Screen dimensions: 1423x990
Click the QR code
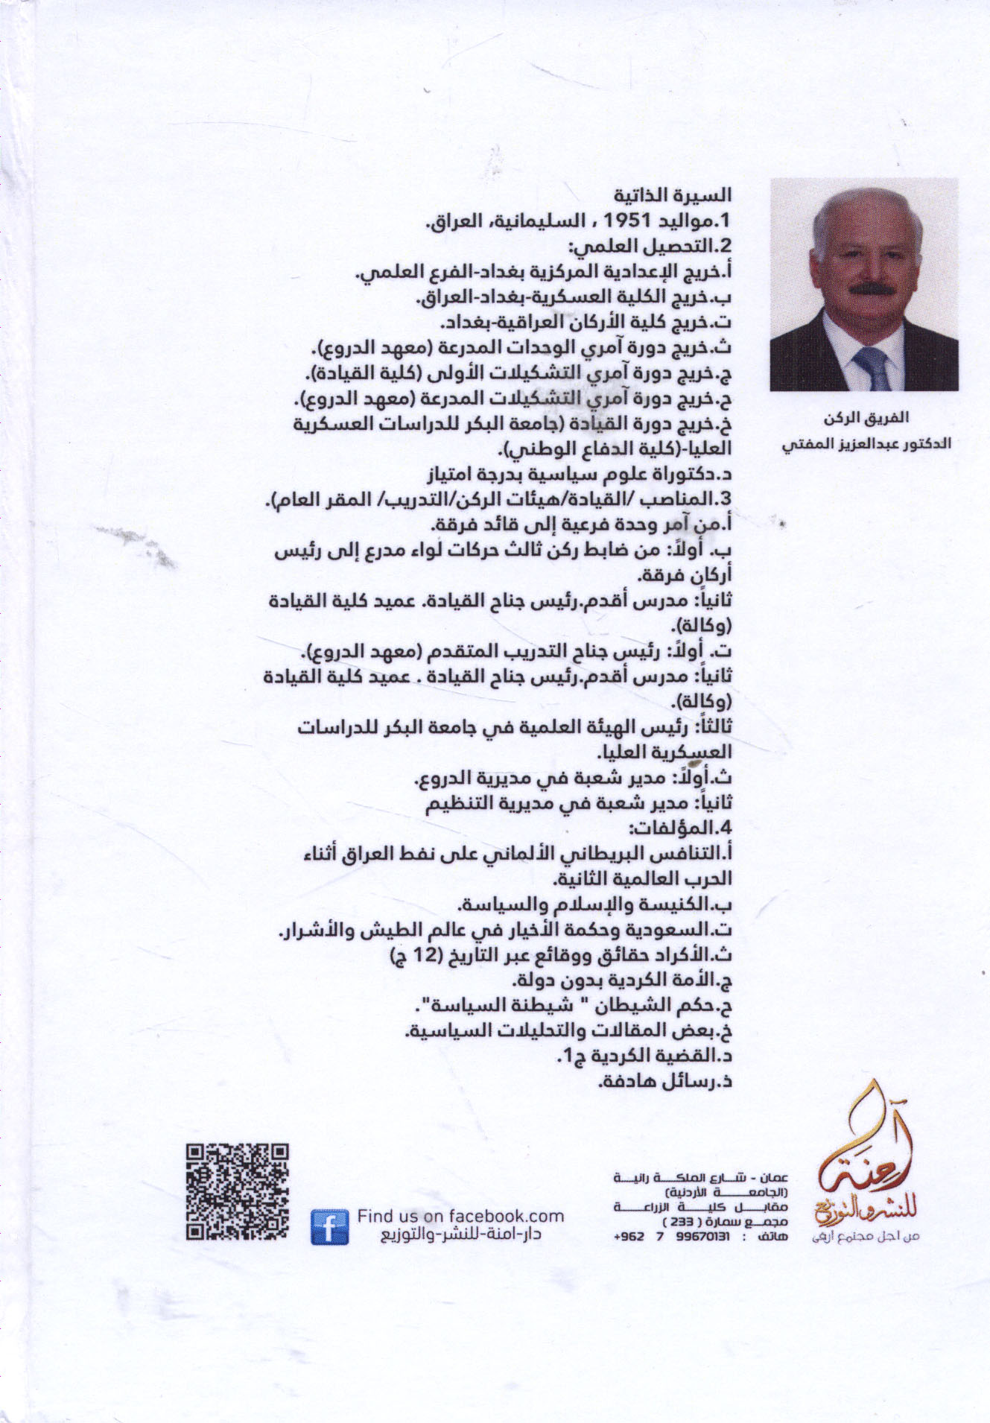click(236, 1193)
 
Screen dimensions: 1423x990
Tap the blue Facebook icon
click(329, 1226)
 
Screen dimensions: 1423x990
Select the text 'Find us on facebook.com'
click(460, 1216)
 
